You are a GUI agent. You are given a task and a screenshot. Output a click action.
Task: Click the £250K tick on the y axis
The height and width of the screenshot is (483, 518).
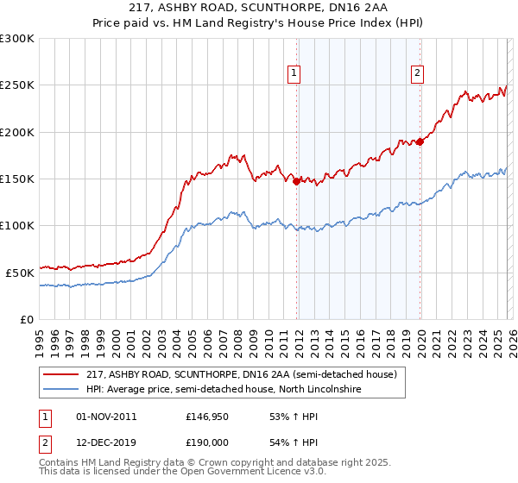[x=17, y=85]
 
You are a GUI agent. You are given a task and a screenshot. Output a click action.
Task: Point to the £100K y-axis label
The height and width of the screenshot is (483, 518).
[x=17, y=225]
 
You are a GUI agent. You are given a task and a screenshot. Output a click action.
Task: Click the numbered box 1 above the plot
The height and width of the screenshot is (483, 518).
[x=294, y=74]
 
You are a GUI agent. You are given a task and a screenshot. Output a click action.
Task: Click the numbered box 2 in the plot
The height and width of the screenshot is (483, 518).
[x=417, y=74]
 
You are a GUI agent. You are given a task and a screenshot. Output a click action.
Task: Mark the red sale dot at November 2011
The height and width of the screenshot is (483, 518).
[x=296, y=182]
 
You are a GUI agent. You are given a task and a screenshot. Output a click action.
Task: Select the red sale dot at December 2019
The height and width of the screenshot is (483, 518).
[x=420, y=141]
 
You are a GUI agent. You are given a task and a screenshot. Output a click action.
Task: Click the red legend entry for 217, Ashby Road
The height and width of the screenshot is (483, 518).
[x=241, y=374]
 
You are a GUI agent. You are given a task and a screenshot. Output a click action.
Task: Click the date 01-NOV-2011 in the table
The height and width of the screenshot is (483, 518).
[x=107, y=417]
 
